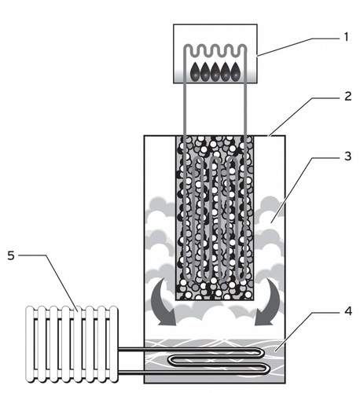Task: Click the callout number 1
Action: pyautogui.click(x=346, y=37)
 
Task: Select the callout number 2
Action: pyautogui.click(x=347, y=97)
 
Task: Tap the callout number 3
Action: pyautogui.click(x=347, y=156)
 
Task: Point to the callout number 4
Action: pyautogui.click(x=347, y=311)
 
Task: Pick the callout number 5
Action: pyautogui.click(x=11, y=255)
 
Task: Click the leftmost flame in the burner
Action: pyautogui.click(x=195, y=72)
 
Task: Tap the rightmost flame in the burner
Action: pyautogui.click(x=235, y=72)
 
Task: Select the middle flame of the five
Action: pyautogui.click(x=215, y=72)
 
